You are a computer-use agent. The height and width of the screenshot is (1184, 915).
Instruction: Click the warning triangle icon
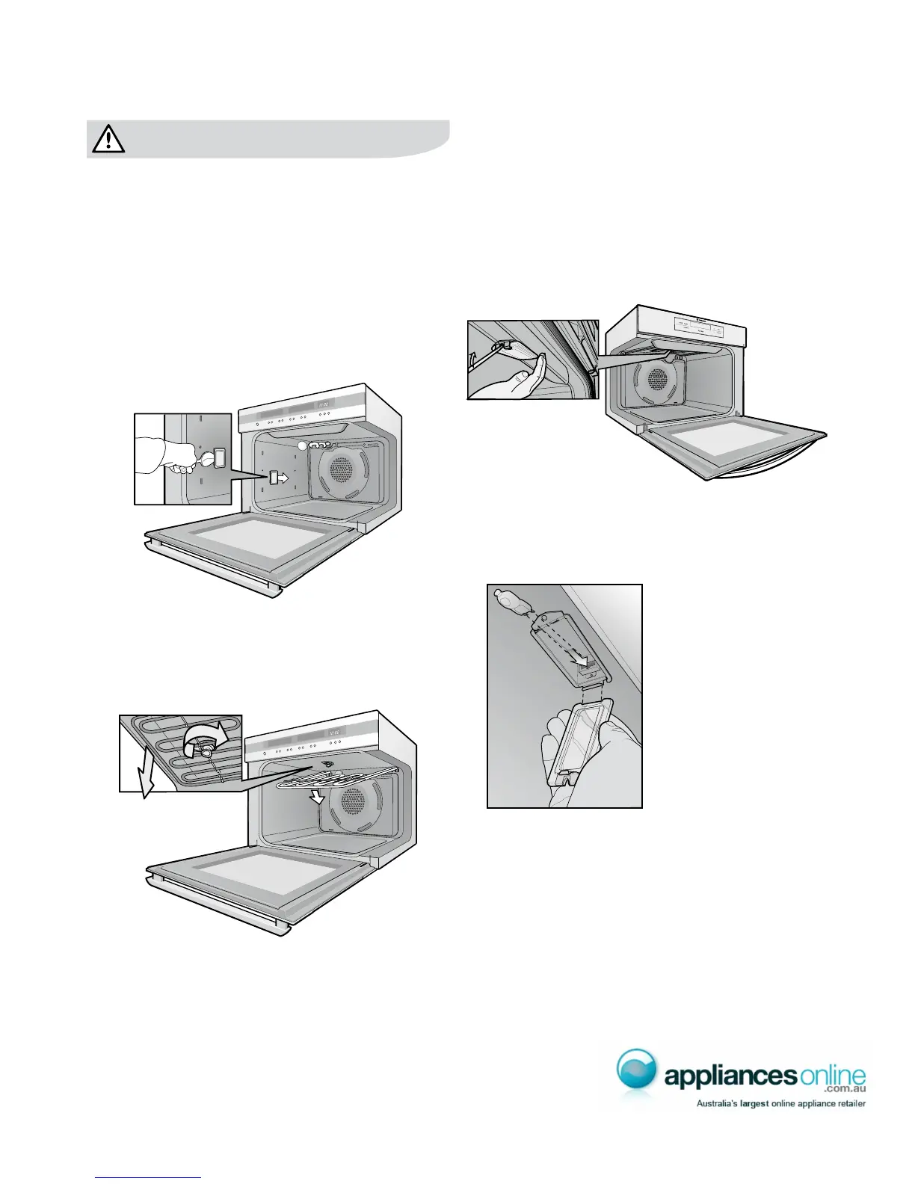109,139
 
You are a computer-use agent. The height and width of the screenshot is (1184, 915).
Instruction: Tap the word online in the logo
830,1076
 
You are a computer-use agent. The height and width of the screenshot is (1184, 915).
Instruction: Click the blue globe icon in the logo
637,1070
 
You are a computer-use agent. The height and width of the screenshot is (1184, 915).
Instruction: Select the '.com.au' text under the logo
842,1092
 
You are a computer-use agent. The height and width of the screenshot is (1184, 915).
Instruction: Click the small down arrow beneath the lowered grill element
319,797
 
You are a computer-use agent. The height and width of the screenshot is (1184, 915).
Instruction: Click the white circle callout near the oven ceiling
303,445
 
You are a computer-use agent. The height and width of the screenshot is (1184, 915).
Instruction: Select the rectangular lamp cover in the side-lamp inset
218,457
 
